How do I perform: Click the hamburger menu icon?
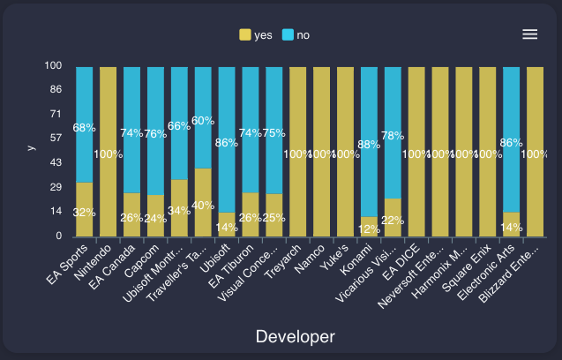pyautogui.click(x=529, y=34)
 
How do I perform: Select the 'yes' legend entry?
pyautogui.click(x=256, y=35)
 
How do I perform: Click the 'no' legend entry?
pyautogui.click(x=296, y=35)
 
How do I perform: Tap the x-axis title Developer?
pyautogui.click(x=295, y=336)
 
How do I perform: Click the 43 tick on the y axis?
pyautogui.click(x=55, y=163)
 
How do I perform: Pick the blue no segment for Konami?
pyautogui.click(x=369, y=141)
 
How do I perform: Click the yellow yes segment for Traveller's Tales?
pyautogui.click(x=203, y=202)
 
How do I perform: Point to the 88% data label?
pyautogui.click(x=369, y=145)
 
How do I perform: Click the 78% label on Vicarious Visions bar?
pyautogui.click(x=393, y=136)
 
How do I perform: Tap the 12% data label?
pyautogui.click(x=369, y=229)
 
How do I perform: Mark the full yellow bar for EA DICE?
pyautogui.click(x=416, y=151)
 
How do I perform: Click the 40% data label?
pyautogui.click(x=203, y=206)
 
